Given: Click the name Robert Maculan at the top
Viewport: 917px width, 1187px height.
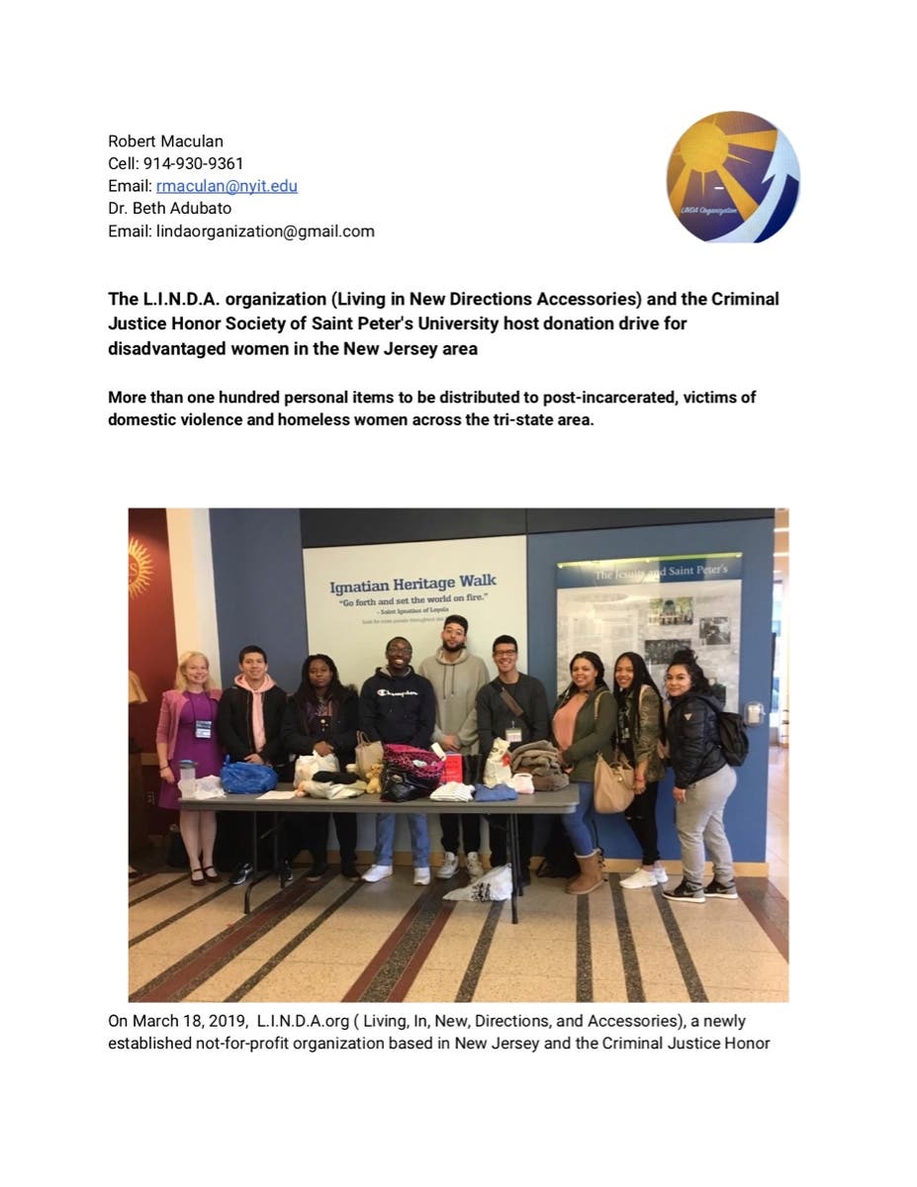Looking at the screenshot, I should (x=165, y=141).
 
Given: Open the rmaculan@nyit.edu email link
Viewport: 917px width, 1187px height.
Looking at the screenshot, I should (x=227, y=186).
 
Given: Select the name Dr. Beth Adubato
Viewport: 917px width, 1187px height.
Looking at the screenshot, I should (x=171, y=209).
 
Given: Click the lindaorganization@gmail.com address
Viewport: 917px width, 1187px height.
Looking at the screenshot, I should (x=265, y=231).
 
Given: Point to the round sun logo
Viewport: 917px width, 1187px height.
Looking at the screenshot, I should (x=732, y=178).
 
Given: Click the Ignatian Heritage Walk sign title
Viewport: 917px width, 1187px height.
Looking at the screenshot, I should (x=413, y=587).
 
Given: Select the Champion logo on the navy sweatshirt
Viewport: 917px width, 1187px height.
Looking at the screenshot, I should (x=397, y=694).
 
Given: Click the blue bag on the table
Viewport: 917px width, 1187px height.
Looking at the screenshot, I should (x=248, y=777).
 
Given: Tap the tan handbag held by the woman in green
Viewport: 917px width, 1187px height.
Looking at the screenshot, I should (x=613, y=782).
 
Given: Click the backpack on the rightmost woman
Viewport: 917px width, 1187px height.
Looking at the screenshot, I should (x=734, y=737).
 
